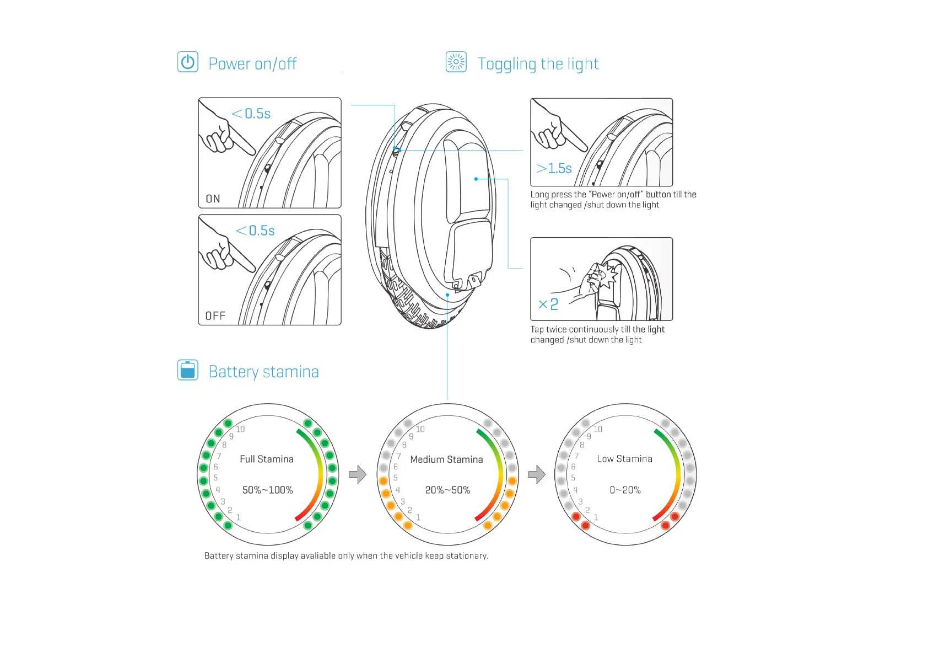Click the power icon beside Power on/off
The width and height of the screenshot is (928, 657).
pyautogui.click(x=187, y=62)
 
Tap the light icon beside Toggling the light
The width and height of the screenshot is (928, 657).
pyautogui.click(x=456, y=62)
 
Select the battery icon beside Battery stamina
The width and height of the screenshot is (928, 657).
pyautogui.click(x=187, y=370)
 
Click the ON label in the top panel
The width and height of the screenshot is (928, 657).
pyautogui.click(x=213, y=199)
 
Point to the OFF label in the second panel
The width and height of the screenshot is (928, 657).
pyautogui.click(x=215, y=316)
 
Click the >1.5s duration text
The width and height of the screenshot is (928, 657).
pyautogui.click(x=554, y=168)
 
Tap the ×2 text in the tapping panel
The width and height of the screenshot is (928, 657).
pyautogui.click(x=548, y=304)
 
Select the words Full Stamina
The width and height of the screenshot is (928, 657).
pyautogui.click(x=267, y=459)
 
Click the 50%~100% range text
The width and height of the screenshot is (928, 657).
pyautogui.click(x=267, y=490)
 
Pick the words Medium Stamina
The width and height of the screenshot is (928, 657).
pyautogui.click(x=446, y=460)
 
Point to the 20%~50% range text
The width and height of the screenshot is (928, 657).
pyautogui.click(x=447, y=490)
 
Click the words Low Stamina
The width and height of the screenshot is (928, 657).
pyautogui.click(x=624, y=459)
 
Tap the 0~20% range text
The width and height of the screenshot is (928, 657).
pyautogui.click(x=625, y=490)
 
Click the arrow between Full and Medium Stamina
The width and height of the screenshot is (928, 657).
pyautogui.click(x=358, y=474)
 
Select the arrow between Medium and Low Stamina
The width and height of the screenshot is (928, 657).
pyautogui.click(x=536, y=474)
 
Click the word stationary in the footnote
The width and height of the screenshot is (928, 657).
pyautogui.click(x=467, y=555)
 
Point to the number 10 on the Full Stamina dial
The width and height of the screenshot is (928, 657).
pyautogui.click(x=240, y=429)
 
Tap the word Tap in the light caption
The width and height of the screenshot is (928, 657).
pyautogui.click(x=537, y=329)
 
